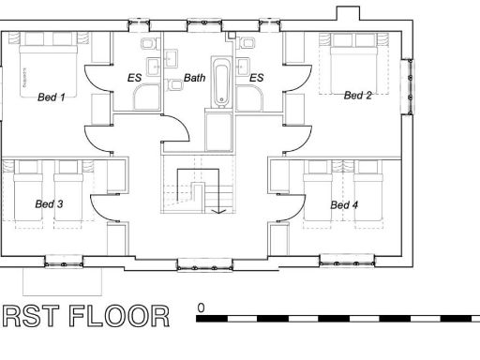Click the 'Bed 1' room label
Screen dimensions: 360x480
(x=51, y=97)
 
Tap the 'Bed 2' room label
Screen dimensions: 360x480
(x=358, y=95)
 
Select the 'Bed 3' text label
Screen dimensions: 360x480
(x=49, y=204)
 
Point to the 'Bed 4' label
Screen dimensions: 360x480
(x=344, y=204)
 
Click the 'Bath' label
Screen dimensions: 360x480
(x=194, y=78)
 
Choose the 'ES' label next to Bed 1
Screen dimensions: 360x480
(x=134, y=78)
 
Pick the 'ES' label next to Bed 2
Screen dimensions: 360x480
(x=256, y=78)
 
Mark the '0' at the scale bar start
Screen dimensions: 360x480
(x=201, y=307)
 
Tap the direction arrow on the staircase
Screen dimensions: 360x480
(x=217, y=210)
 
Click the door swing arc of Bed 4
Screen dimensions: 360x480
(x=295, y=208)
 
